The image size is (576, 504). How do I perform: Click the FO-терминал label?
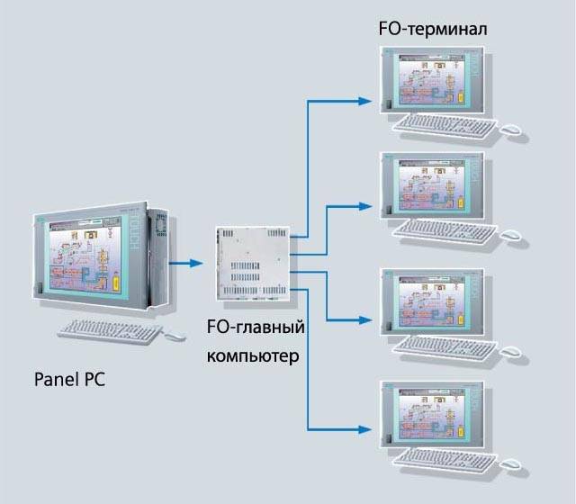pos(432,31)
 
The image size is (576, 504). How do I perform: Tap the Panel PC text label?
pos(69,379)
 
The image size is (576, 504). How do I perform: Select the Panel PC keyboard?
pos(112,330)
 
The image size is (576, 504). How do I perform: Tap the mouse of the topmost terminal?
pos(511,131)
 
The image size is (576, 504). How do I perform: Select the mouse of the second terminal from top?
pos(511,236)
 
